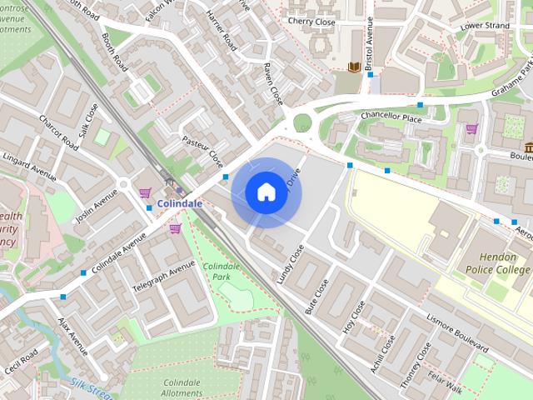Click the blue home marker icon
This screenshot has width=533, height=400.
tap(266, 192)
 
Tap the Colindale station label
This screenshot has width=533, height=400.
tap(179, 202)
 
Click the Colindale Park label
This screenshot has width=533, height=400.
tap(222, 271)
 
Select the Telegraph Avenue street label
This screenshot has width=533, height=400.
tap(164, 281)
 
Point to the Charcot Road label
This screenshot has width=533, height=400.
tap(58, 134)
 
